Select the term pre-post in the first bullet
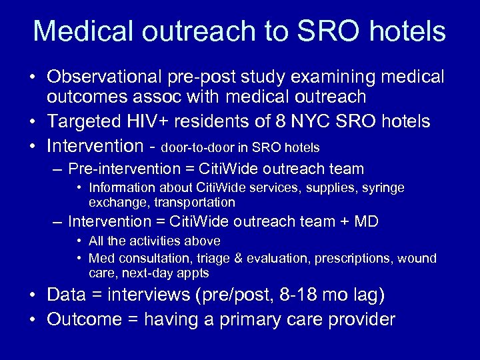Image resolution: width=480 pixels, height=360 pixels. pyautogui.click(x=203, y=77)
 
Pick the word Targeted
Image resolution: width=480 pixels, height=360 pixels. pyautogui.click(x=83, y=121)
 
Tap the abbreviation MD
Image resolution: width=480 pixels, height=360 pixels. pyautogui.click(x=365, y=221)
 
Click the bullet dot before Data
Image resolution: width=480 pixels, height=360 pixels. pyautogui.click(x=32, y=295)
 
